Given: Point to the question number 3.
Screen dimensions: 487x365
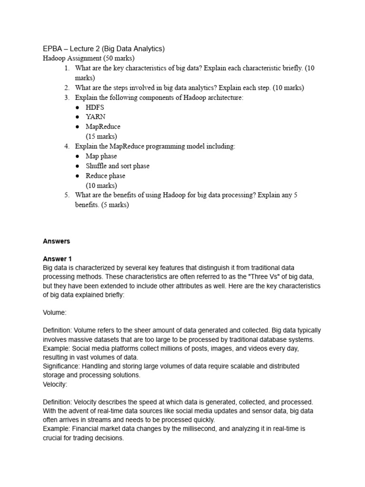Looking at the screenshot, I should pyautogui.click(x=67, y=97).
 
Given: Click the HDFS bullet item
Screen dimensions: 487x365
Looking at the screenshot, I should pyautogui.click(x=95, y=107).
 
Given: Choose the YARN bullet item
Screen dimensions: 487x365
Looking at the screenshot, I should pyautogui.click(x=96, y=117).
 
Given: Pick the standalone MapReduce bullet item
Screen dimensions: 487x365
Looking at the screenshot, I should pyautogui.click(x=103, y=127).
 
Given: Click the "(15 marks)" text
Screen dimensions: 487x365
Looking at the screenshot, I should pyautogui.click(x=101, y=136).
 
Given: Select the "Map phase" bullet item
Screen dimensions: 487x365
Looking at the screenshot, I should pyautogui.click(x=101, y=156).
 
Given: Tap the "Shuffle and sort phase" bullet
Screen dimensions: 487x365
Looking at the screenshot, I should pyautogui.click(x=117, y=166).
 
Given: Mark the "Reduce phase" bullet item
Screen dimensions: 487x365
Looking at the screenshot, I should pyautogui.click(x=106, y=176).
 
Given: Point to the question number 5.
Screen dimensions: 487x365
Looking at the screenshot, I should pyautogui.click(x=67, y=195).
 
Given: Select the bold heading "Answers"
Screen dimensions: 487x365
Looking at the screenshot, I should pyautogui.click(x=56, y=242).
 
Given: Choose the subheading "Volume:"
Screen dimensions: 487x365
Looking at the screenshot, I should pyautogui.click(x=55, y=313).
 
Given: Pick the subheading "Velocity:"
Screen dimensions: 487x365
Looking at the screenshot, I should pyautogui.click(x=55, y=384).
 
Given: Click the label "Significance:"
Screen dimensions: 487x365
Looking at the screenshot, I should pyautogui.click(x=61, y=367).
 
